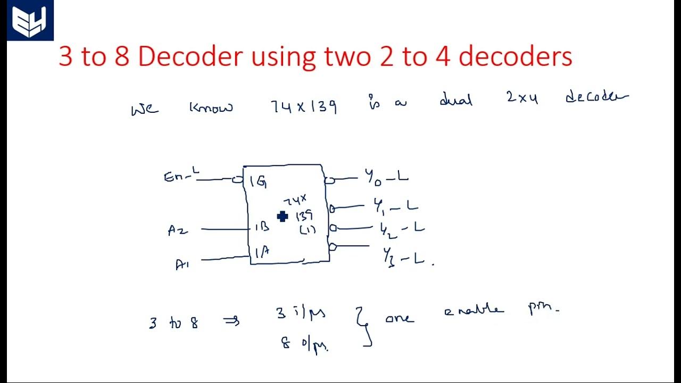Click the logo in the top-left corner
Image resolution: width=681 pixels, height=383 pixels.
click(x=30, y=21)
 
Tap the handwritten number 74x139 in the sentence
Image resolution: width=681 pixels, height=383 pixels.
click(x=304, y=107)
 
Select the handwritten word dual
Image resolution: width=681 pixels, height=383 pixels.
click(x=456, y=99)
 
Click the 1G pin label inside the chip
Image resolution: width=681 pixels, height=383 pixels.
click(x=259, y=181)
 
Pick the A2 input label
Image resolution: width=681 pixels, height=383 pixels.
click(x=178, y=231)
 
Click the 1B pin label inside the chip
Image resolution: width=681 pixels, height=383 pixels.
click(x=261, y=227)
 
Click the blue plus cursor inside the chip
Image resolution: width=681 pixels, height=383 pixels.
click(x=283, y=216)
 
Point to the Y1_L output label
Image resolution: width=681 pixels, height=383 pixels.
click(x=395, y=206)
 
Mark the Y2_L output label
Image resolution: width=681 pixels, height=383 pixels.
click(x=402, y=228)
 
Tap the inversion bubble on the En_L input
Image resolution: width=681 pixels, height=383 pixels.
click(x=237, y=180)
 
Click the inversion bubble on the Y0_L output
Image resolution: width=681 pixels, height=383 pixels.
click(x=329, y=180)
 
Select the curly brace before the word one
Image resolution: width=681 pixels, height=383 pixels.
click(x=365, y=328)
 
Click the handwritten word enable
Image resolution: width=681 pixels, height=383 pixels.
click(x=474, y=311)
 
